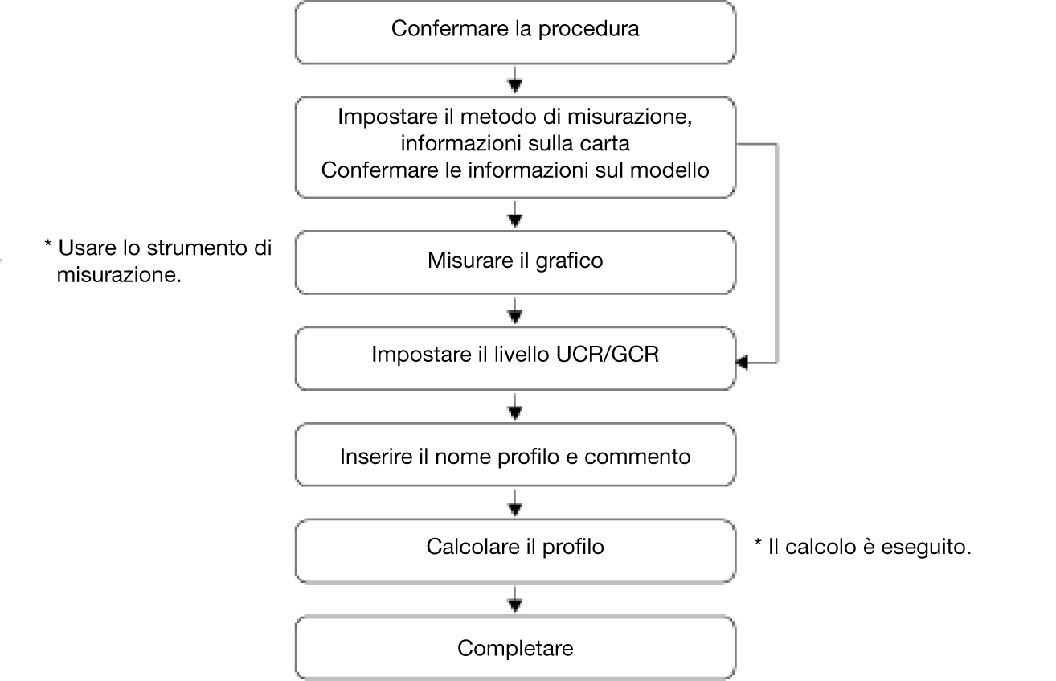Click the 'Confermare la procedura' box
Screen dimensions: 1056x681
[515, 32]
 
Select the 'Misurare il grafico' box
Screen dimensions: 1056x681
[515, 262]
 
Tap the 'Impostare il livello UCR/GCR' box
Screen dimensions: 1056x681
[515, 359]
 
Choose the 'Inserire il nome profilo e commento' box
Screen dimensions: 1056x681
[515, 454]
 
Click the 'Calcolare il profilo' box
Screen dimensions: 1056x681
[515, 551]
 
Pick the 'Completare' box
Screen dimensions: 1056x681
[515, 647]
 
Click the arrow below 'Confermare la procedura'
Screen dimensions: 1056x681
[515, 80]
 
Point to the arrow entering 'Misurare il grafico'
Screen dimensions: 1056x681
[515, 215]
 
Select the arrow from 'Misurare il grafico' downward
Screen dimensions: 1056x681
[515, 311]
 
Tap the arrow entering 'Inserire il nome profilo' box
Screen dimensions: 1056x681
[515, 407]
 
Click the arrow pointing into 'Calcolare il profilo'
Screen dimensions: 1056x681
[515, 503]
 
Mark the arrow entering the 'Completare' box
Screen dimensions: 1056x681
[515, 600]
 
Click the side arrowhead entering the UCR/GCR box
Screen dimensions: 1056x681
[742, 363]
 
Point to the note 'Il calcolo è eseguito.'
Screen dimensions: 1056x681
[862, 547]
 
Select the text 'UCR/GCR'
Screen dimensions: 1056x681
[608, 355]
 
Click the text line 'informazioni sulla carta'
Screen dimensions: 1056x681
[515, 143]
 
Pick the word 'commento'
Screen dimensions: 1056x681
[637, 457]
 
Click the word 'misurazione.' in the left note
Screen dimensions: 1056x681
[119, 275]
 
